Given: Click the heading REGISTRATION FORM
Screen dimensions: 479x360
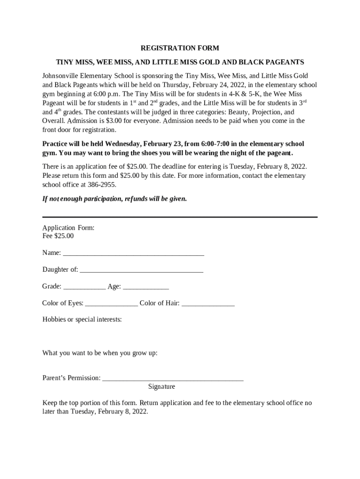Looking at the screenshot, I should pyautogui.click(x=180, y=48).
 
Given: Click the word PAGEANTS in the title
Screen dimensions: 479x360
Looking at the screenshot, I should pyautogui.click(x=285, y=62).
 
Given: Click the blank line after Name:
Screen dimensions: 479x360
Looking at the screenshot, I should pyautogui.click(x=133, y=254).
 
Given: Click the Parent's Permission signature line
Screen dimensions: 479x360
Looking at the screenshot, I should pyautogui.click(x=173, y=379).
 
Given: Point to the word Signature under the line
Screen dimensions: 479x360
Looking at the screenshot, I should pyautogui.click(x=162, y=387).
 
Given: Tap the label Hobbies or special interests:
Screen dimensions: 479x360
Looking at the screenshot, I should pyautogui.click(x=82, y=319).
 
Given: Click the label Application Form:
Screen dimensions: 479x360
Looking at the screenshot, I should pyautogui.click(x=68, y=228).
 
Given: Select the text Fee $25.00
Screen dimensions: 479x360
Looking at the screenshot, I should pyautogui.click(x=58, y=236).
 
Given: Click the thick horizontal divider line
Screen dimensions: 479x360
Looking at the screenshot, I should pyautogui.click(x=180, y=217).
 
